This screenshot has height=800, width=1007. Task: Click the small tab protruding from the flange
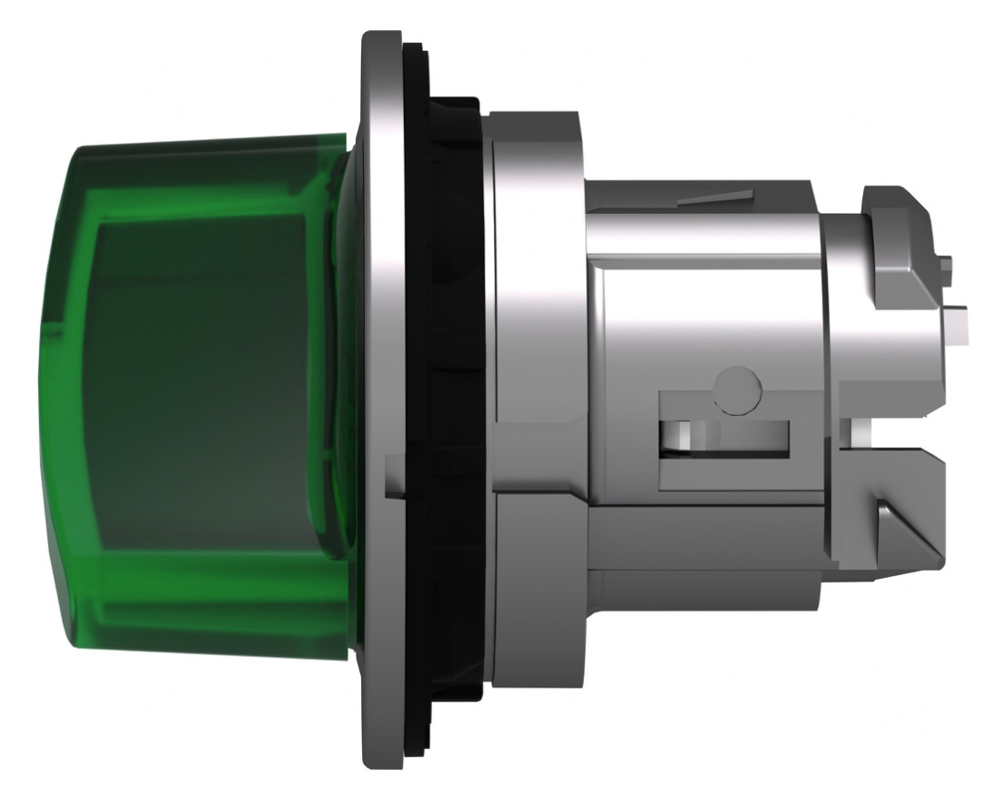click(393, 477)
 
